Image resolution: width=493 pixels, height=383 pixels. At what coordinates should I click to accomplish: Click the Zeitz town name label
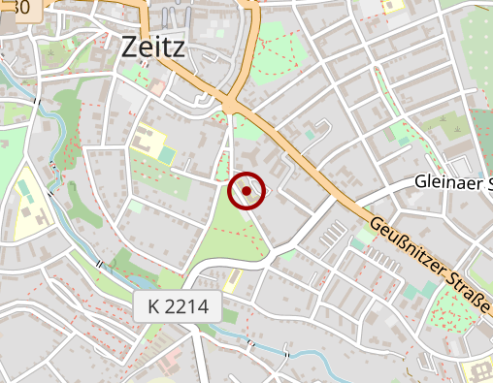pyautogui.click(x=154, y=47)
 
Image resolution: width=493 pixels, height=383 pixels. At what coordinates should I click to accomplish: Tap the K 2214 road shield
pyautogui.click(x=178, y=308)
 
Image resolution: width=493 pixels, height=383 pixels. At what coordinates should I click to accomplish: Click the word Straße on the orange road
pyautogui.click(x=474, y=301)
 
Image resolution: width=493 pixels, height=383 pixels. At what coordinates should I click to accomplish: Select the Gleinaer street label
pyautogui.click(x=453, y=182)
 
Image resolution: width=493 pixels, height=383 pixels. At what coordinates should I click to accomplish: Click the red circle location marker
pyautogui.click(x=246, y=191)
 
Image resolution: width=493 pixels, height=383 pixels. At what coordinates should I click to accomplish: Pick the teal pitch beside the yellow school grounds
pyautogui.click(x=168, y=154)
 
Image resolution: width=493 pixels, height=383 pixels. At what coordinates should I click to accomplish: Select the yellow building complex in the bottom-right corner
pyautogui.click(x=479, y=373)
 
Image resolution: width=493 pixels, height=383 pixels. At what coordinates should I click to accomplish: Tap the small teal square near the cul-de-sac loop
pyautogui.click(x=311, y=136)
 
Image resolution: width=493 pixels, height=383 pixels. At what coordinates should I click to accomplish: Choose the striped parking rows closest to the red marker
pyautogui.click(x=332, y=234)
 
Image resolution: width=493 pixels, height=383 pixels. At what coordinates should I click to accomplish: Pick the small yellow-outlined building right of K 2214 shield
pyautogui.click(x=233, y=280)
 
